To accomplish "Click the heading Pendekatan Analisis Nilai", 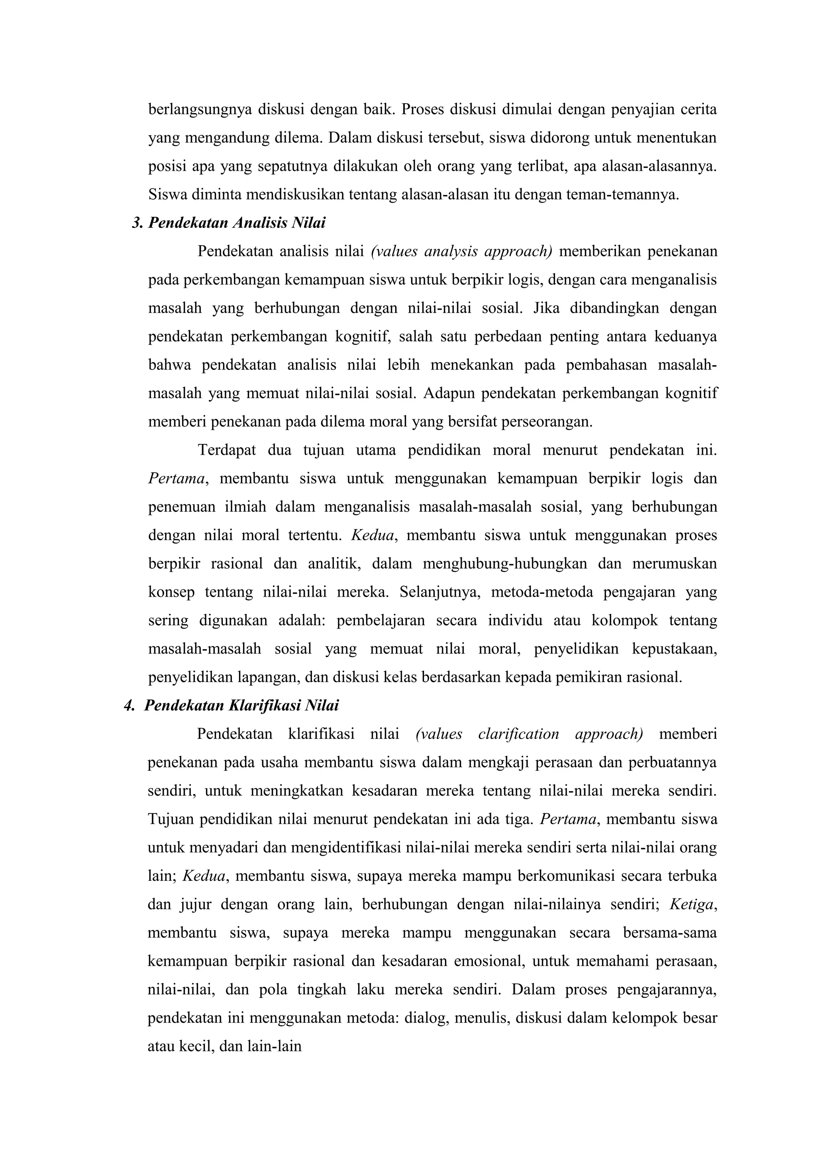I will (236, 222).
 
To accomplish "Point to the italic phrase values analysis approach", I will (461, 251).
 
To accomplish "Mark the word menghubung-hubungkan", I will (504, 564).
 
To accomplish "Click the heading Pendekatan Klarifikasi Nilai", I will (241, 706).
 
